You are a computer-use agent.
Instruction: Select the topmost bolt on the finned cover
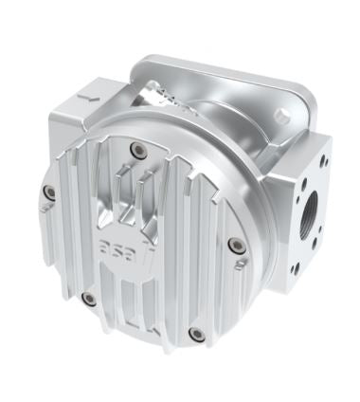click(x=139, y=149)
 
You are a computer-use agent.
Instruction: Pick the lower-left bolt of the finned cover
click(x=89, y=299)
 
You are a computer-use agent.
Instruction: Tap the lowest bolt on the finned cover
click(x=196, y=334)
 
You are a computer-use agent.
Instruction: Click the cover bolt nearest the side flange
click(x=237, y=246)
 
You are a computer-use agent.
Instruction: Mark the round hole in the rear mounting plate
click(x=282, y=115)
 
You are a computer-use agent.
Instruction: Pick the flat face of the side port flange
click(x=310, y=223)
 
